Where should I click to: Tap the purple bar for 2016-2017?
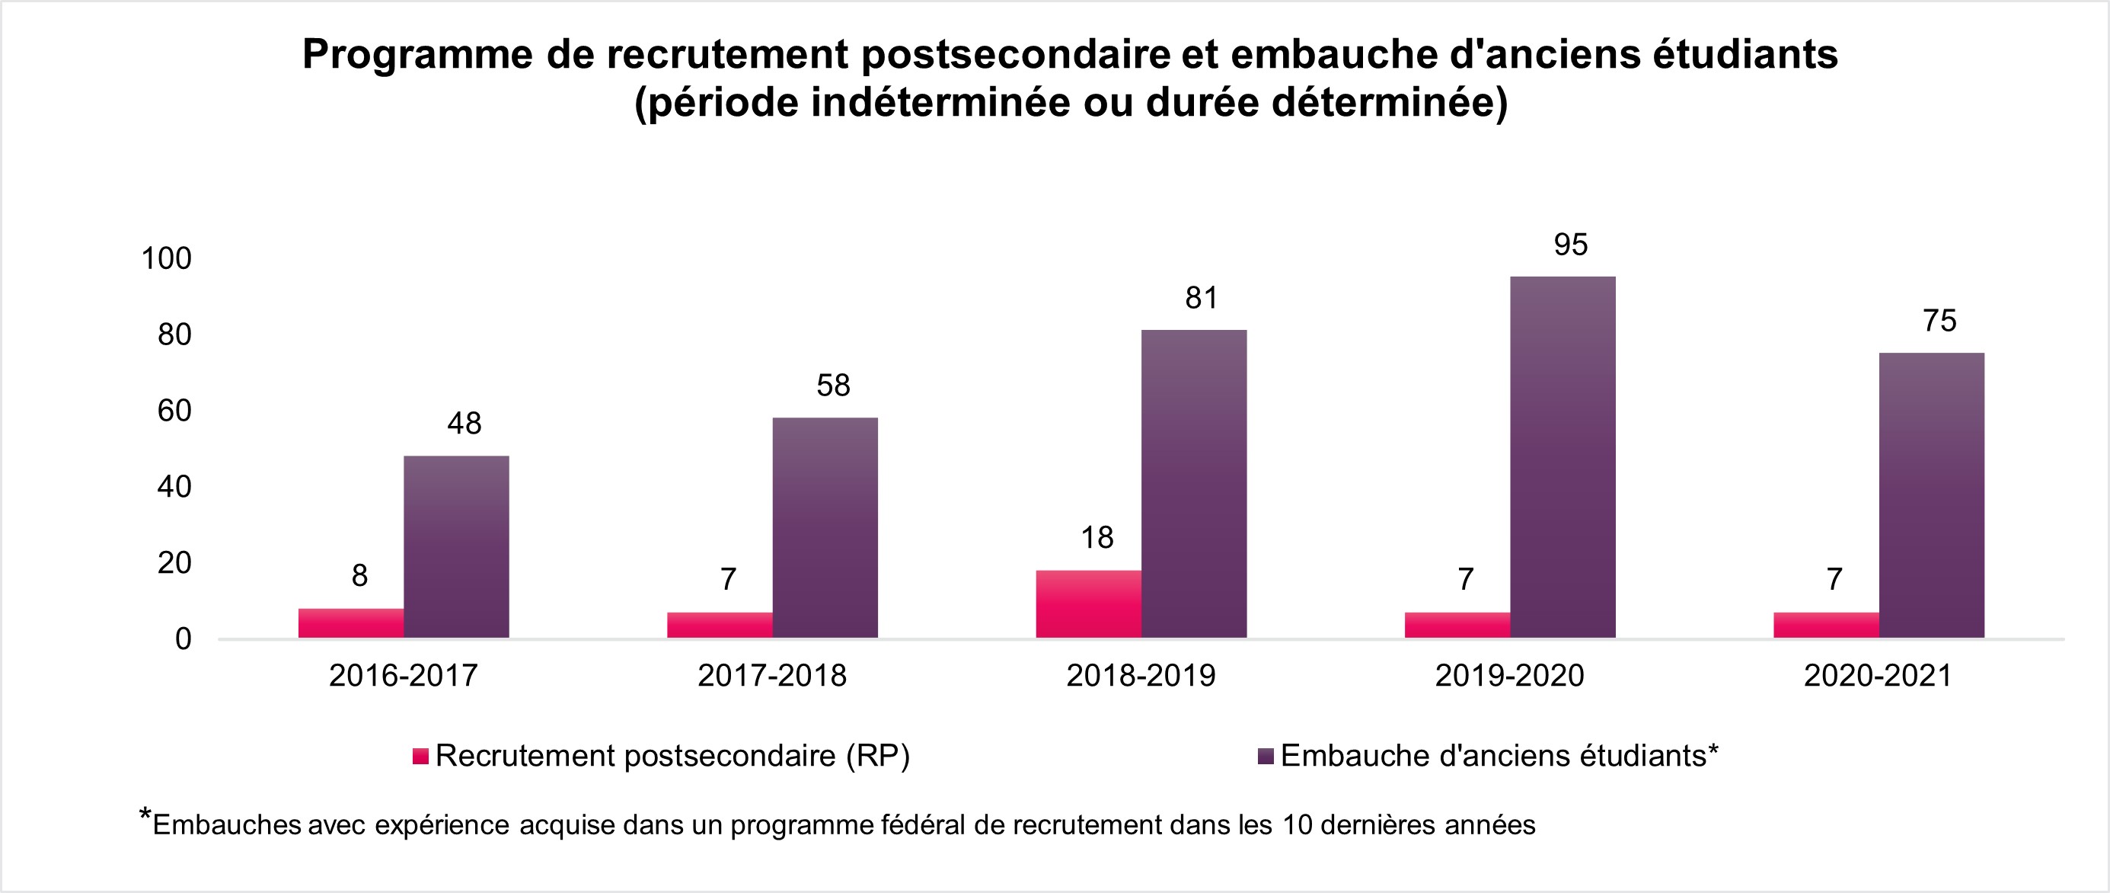pyautogui.click(x=456, y=546)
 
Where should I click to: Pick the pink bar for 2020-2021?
pyautogui.click(x=1826, y=624)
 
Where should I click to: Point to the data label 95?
pyautogui.click(x=1570, y=245)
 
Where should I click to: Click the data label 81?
pyautogui.click(x=1202, y=298)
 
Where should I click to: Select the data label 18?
pyautogui.click(x=1096, y=538)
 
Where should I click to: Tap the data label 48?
pyautogui.click(x=464, y=424)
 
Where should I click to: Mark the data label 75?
pyautogui.click(x=1939, y=321)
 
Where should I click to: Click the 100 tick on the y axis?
pyautogui.click(x=166, y=259)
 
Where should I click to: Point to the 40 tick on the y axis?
pyautogui.click(x=174, y=488)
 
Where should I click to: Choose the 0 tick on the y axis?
pyautogui.click(x=184, y=639)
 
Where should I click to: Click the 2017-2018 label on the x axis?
pyautogui.click(x=771, y=676)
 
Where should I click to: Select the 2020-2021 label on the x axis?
pyautogui.click(x=1879, y=676)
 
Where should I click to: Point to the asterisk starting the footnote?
pyautogui.click(x=145, y=816)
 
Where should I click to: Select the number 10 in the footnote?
pyautogui.click(x=1298, y=825)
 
